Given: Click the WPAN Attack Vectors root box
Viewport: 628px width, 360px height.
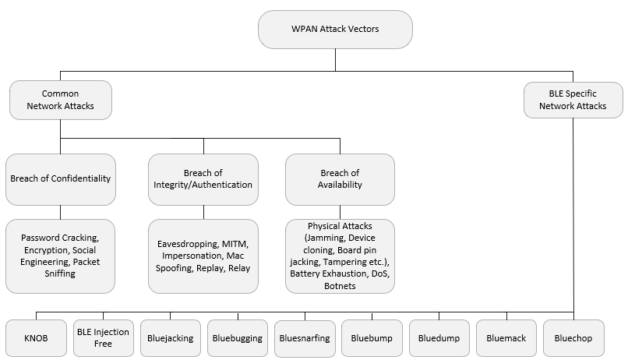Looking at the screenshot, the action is pyautogui.click(x=335, y=30).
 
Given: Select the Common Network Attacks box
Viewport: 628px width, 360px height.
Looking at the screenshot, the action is pyautogui.click(x=61, y=100).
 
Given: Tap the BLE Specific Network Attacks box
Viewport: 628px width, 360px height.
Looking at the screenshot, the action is pyautogui.click(x=573, y=100).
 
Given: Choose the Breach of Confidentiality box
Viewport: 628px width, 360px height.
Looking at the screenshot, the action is pyautogui.click(x=61, y=179).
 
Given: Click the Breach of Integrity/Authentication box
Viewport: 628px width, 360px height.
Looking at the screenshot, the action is pyautogui.click(x=203, y=179).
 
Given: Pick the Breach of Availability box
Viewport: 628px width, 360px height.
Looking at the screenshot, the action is pyautogui.click(x=340, y=179).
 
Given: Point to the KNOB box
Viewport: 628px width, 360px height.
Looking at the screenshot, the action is pyautogui.click(x=36, y=338).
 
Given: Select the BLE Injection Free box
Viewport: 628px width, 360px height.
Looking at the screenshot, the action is pyautogui.click(x=104, y=338).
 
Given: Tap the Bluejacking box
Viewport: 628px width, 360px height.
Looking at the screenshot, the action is pyautogui.click(x=170, y=338).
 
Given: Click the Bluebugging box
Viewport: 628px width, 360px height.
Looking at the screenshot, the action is pyautogui.click(x=238, y=338).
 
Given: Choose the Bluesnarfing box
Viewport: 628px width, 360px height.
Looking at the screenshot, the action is pyautogui.click(x=305, y=339).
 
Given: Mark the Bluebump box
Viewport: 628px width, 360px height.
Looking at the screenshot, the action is pyautogui.click(x=372, y=338).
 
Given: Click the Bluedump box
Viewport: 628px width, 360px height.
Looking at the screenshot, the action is pyautogui.click(x=439, y=338).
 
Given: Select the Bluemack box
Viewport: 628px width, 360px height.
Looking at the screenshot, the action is pyautogui.click(x=506, y=338).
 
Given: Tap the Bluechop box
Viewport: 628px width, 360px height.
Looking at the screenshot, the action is pyautogui.click(x=573, y=338).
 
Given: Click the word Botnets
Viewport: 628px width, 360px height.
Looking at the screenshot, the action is pyautogui.click(x=340, y=286).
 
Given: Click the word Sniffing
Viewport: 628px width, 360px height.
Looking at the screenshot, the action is pyautogui.click(x=60, y=274).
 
